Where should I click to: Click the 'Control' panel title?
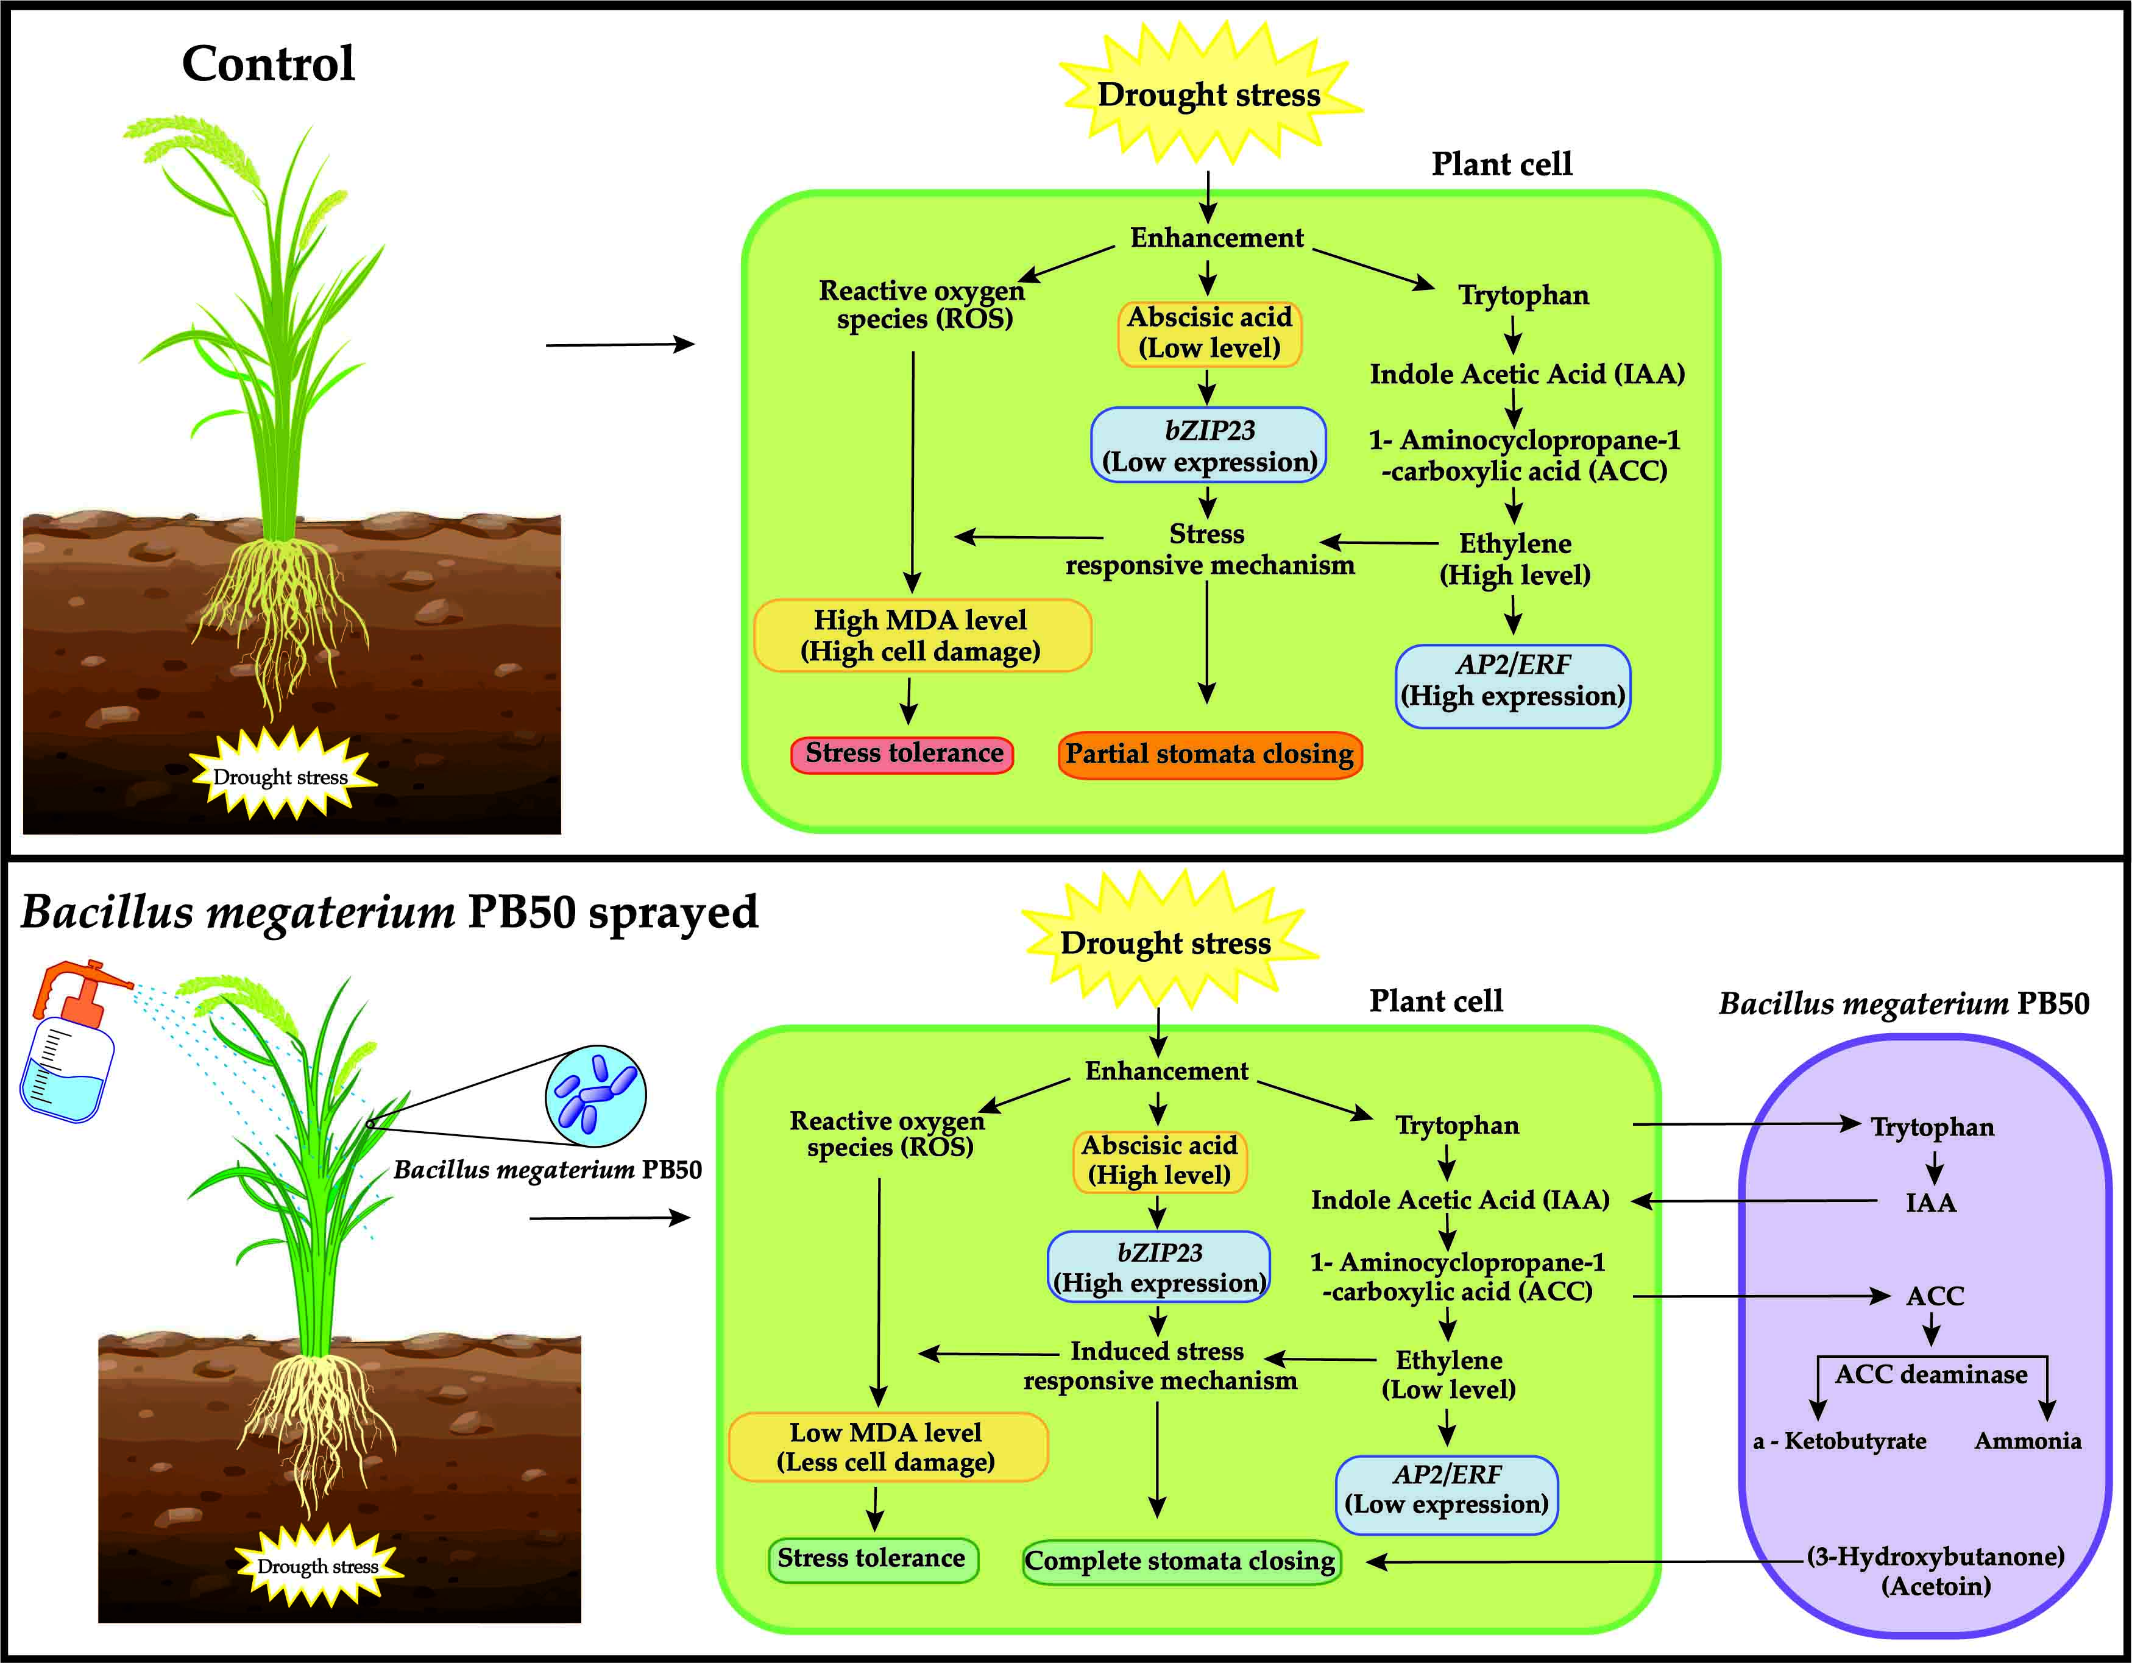[269, 65]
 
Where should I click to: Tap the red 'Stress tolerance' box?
[903, 754]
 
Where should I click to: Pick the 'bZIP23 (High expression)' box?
[1159, 1268]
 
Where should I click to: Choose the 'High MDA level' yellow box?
[921, 635]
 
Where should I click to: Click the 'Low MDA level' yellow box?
[887, 1447]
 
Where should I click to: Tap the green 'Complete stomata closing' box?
[1180, 1561]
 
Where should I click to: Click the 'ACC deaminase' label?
[1931, 1375]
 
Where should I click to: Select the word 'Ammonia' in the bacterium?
[2028, 1441]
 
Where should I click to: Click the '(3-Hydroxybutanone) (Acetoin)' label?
[1936, 1571]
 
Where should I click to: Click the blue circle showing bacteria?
[595, 1096]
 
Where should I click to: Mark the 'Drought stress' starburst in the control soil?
[281, 777]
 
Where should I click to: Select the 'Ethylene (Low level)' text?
[1449, 1375]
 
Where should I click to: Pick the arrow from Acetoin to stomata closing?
[1581, 1562]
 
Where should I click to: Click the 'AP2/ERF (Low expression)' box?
[1447, 1490]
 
